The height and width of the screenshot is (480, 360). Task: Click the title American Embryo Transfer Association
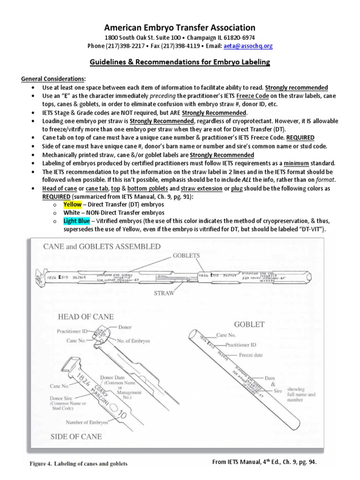point(180,28)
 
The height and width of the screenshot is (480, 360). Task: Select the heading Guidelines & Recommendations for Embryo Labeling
point(180,62)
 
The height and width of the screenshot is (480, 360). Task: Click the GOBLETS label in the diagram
point(187,255)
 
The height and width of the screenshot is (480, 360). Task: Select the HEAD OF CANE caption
point(85,316)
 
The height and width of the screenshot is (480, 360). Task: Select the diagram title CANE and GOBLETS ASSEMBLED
point(102,246)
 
